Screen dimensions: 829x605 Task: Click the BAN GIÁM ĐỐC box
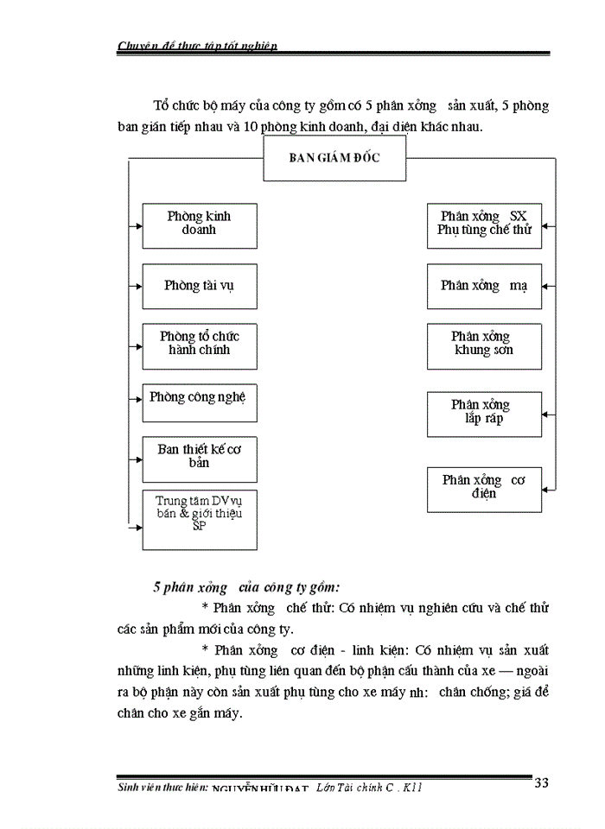coord(334,159)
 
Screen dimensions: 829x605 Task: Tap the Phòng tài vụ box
coord(200,286)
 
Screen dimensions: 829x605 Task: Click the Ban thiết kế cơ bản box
coord(200,458)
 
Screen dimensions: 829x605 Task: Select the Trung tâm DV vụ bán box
coord(200,519)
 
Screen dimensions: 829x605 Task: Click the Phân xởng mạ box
coord(484,286)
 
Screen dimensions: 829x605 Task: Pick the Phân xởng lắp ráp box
coord(484,414)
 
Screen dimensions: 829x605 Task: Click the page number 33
coord(542,783)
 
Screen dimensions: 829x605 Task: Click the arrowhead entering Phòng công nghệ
coord(138,399)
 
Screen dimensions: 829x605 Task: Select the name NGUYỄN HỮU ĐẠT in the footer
coord(260,788)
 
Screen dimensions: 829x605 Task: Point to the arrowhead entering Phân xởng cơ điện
coord(545,490)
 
